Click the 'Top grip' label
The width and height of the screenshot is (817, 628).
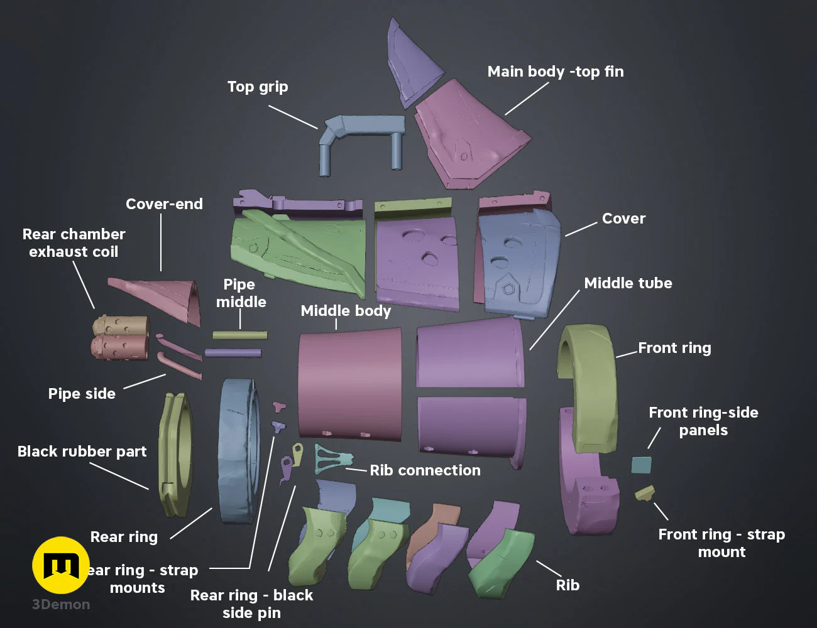pos(258,87)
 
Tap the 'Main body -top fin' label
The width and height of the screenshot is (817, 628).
pos(556,72)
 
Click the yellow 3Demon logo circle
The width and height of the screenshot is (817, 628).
pos(61,565)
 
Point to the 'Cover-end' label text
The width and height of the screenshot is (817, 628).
pos(164,204)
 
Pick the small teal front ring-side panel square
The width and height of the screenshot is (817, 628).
pos(641,465)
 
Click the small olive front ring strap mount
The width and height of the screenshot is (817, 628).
pos(645,493)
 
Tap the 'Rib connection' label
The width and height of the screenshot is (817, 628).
pos(425,470)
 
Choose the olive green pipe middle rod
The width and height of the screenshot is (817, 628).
pos(239,335)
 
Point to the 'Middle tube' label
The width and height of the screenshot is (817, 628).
pos(628,283)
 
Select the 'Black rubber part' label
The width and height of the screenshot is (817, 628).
pos(82,452)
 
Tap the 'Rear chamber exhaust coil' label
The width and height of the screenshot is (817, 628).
pos(74,243)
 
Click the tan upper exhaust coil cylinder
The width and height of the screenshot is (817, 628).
pos(121,325)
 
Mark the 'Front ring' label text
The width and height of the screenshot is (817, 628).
pos(674,348)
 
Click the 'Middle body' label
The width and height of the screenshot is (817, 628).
pos(346,311)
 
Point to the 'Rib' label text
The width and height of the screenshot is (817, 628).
pos(568,585)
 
